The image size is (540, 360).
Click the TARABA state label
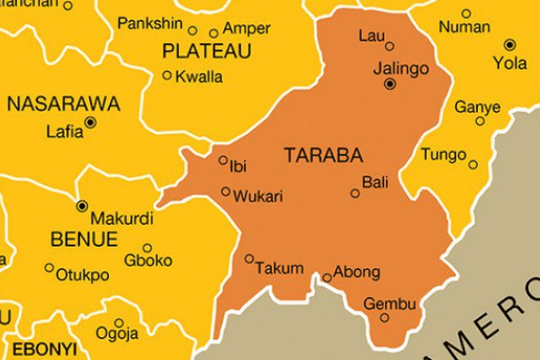[x=319, y=155]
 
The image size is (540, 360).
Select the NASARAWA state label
[x=51, y=104]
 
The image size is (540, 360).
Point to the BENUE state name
[x=84, y=239]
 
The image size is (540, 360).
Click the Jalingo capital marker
[x=390, y=84]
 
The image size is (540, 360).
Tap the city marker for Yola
[x=510, y=44]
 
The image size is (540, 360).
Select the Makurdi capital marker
[x=82, y=206]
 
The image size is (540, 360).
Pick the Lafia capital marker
[x=90, y=121]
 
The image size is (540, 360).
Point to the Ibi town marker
[x=223, y=160]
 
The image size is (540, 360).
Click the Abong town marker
[x=327, y=278]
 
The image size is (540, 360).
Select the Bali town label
[x=374, y=183]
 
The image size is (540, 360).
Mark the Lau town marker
[x=389, y=46]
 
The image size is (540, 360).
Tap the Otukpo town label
[x=81, y=274]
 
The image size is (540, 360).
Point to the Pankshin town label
[x=149, y=22]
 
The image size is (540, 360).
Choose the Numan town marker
[x=466, y=13]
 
